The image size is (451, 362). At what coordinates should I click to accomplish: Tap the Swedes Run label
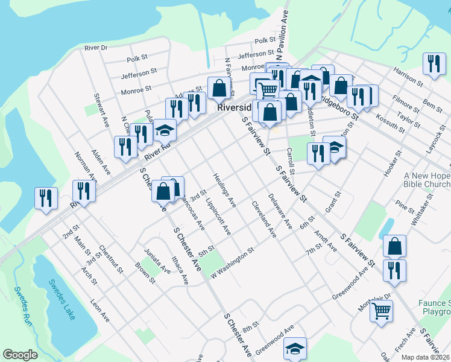[x=24, y=312]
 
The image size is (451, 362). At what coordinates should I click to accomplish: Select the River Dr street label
[x=96, y=47]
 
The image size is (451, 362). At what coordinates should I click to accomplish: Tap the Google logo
[x=20, y=355]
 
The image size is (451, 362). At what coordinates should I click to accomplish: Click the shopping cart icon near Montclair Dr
[x=381, y=311]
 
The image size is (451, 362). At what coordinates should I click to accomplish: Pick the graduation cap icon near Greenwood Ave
[x=295, y=348]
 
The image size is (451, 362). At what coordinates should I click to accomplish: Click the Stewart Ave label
[x=101, y=113]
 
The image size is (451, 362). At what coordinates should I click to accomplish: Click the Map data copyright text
[x=426, y=357]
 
